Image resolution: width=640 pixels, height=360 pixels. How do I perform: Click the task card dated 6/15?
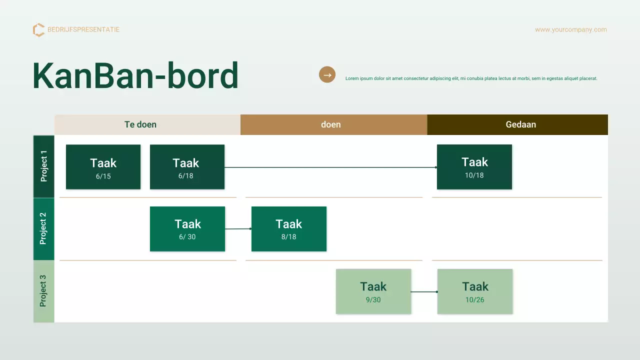(x=103, y=167)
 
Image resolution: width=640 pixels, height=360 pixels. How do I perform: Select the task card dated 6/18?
(x=187, y=167)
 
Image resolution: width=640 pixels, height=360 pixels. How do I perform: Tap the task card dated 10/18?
(x=474, y=167)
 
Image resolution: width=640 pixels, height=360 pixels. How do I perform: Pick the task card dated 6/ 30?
(x=187, y=228)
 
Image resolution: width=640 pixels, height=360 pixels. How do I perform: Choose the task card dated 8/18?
(x=288, y=228)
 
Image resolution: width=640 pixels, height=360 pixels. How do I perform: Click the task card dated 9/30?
(x=373, y=291)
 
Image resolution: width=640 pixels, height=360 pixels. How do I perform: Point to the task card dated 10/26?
(x=474, y=291)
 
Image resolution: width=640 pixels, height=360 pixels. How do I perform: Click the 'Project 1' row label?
(x=43, y=166)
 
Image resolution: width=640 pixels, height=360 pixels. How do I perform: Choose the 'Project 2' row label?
(x=43, y=228)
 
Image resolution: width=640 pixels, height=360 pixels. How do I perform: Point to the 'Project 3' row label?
(x=43, y=291)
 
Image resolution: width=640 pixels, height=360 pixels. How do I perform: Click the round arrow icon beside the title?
(x=327, y=75)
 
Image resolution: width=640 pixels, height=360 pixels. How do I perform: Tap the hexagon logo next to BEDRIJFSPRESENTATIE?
(x=38, y=30)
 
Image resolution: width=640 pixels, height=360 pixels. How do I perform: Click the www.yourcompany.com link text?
(x=570, y=29)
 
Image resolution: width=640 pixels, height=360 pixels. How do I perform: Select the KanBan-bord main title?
(x=135, y=76)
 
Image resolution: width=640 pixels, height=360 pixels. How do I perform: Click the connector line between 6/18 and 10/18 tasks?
(x=330, y=167)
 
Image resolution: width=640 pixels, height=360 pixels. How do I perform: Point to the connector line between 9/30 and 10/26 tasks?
(x=424, y=291)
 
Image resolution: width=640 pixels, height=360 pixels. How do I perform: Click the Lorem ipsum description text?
(x=471, y=78)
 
